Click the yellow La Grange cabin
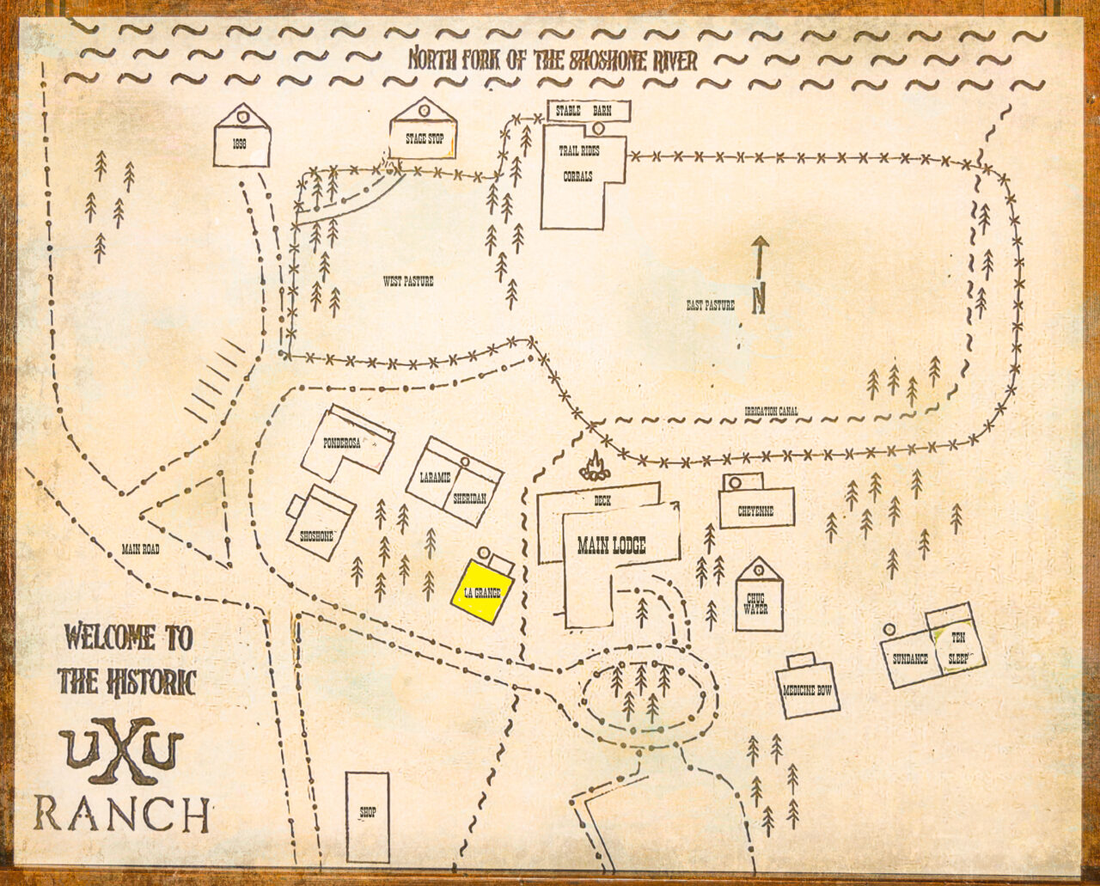pyautogui.click(x=483, y=591)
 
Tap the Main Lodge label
pyautogui.click(x=611, y=545)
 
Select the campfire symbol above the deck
pyautogui.click(x=594, y=467)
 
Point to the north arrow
pyautogui.click(x=759, y=276)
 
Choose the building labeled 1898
pyautogui.click(x=241, y=143)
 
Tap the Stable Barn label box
pyautogui.click(x=589, y=111)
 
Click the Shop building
pyautogui.click(x=367, y=816)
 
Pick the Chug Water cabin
pyautogui.click(x=759, y=602)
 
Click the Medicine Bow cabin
pyautogui.click(x=808, y=689)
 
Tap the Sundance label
pyautogui.click(x=910, y=659)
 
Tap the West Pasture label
pyautogui.click(x=407, y=281)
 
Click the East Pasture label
pyautogui.click(x=710, y=304)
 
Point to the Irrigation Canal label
pyautogui.click(x=771, y=412)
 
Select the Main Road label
pyautogui.click(x=140, y=548)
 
